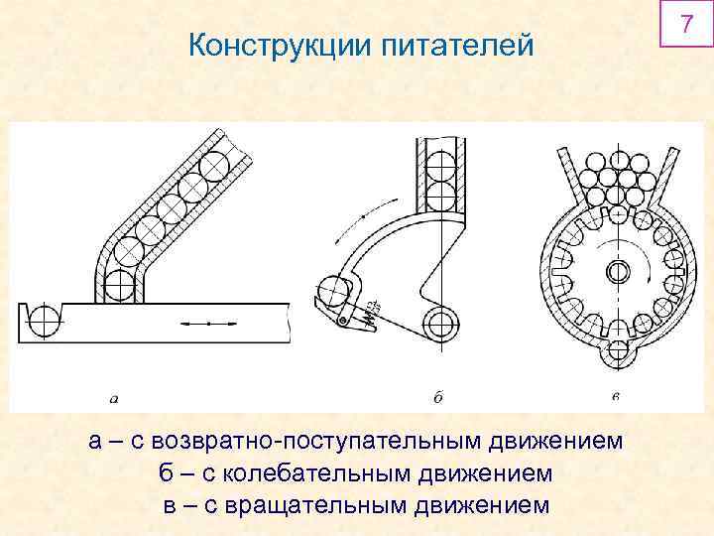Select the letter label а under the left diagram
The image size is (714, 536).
[114, 399]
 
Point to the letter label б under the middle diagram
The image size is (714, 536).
[437, 398]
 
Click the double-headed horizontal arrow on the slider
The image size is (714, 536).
[209, 323]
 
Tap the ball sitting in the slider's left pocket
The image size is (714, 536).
[45, 321]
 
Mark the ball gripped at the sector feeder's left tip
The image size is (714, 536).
[335, 292]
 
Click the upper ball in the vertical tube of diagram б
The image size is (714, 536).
[438, 155]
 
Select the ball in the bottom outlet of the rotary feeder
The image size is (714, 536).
[616, 354]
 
